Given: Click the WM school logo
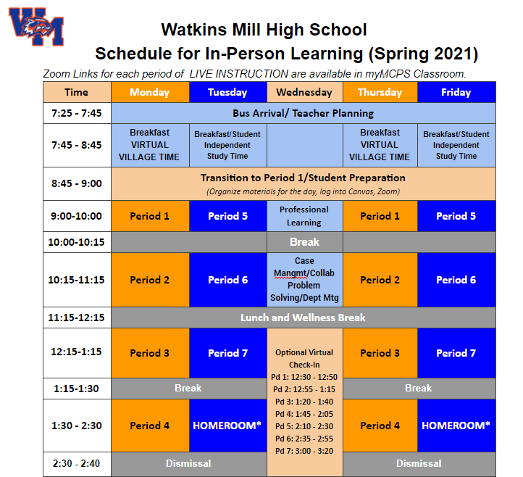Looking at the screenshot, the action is click(36, 27).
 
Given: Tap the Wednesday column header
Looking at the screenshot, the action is click(304, 92).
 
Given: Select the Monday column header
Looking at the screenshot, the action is click(150, 92).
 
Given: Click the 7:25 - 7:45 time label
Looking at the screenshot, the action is click(76, 113).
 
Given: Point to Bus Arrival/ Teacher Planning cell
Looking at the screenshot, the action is click(304, 113).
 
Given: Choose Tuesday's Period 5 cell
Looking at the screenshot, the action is click(227, 216).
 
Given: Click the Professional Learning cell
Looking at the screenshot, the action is click(304, 216).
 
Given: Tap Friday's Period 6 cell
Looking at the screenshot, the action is click(456, 280).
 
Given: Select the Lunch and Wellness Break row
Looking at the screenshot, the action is click(304, 318).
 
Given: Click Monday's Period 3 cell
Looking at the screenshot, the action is click(150, 353).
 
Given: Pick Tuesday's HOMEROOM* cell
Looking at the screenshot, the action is click(227, 426).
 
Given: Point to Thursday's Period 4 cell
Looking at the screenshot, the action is click(380, 426).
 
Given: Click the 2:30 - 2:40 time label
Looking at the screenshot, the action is click(76, 463).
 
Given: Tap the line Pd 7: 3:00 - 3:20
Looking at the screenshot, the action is click(304, 451).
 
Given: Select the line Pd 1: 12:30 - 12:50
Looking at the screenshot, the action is click(304, 377).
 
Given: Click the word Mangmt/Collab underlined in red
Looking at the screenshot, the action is click(304, 273).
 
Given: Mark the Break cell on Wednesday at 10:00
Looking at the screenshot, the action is click(304, 242).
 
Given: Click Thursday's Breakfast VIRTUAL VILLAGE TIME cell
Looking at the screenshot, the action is click(380, 145).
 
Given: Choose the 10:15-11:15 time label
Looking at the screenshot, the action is click(76, 280).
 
